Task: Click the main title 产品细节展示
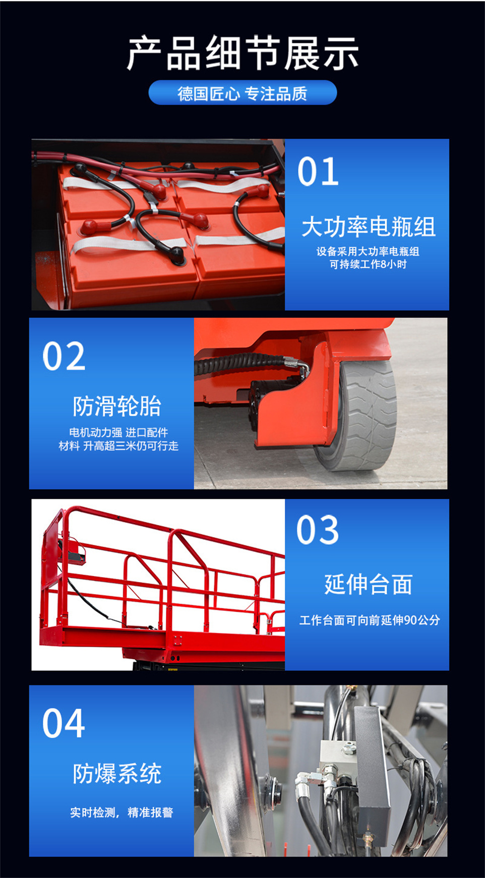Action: pos(242,53)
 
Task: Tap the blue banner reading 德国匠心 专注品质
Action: pos(242,93)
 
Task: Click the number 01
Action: pos(318,171)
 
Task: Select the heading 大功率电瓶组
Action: pos(368,227)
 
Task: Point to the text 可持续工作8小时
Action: pos(368,264)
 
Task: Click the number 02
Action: pos(64,356)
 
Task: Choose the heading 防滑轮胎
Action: pos(117,406)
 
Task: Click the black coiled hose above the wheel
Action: pos(242,364)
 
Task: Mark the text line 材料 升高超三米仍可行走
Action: pos(118,446)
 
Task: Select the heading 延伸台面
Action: pos(368,584)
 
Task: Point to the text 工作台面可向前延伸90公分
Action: pos(370,620)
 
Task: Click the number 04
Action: pos(64,723)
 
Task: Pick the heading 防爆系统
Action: pos(117,773)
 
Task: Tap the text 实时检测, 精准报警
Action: pos(122,812)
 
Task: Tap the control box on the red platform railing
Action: pos(76,551)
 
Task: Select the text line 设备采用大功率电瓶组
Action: pos(368,251)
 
